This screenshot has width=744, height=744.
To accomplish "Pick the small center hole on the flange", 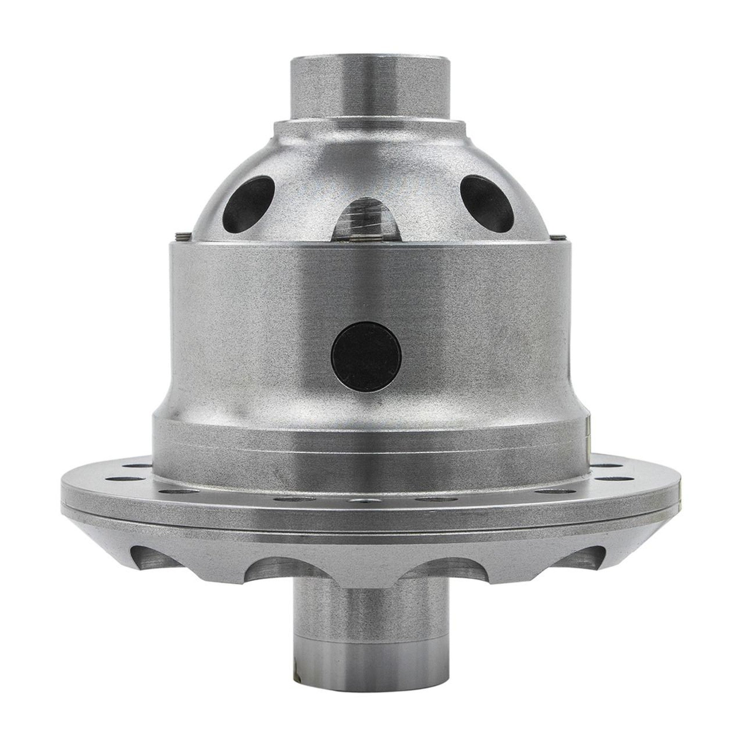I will tap(364, 501).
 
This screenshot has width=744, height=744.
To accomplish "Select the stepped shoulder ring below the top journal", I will tap(370, 127).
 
